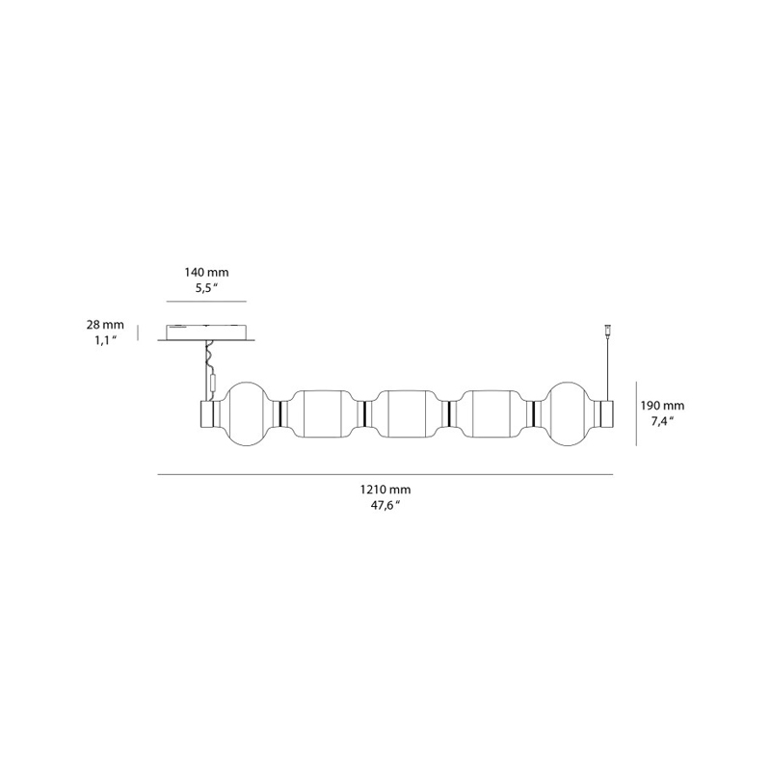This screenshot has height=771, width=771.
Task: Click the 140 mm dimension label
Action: pos(206,272)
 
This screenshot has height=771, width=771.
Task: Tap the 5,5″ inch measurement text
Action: pos(206,288)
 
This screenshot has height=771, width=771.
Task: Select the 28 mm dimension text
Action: pos(105,325)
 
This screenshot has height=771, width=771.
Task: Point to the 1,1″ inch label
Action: pos(105,340)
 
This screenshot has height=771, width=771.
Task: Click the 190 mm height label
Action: pos(662,406)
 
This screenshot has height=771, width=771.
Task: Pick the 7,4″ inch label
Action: pos(662,421)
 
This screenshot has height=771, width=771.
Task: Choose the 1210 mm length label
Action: pos(385,490)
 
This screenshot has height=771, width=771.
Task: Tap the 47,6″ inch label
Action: pos(385,505)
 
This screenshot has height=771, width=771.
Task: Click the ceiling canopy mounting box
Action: pos(206,332)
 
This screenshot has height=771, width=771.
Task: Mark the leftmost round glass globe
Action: pos(247,413)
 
